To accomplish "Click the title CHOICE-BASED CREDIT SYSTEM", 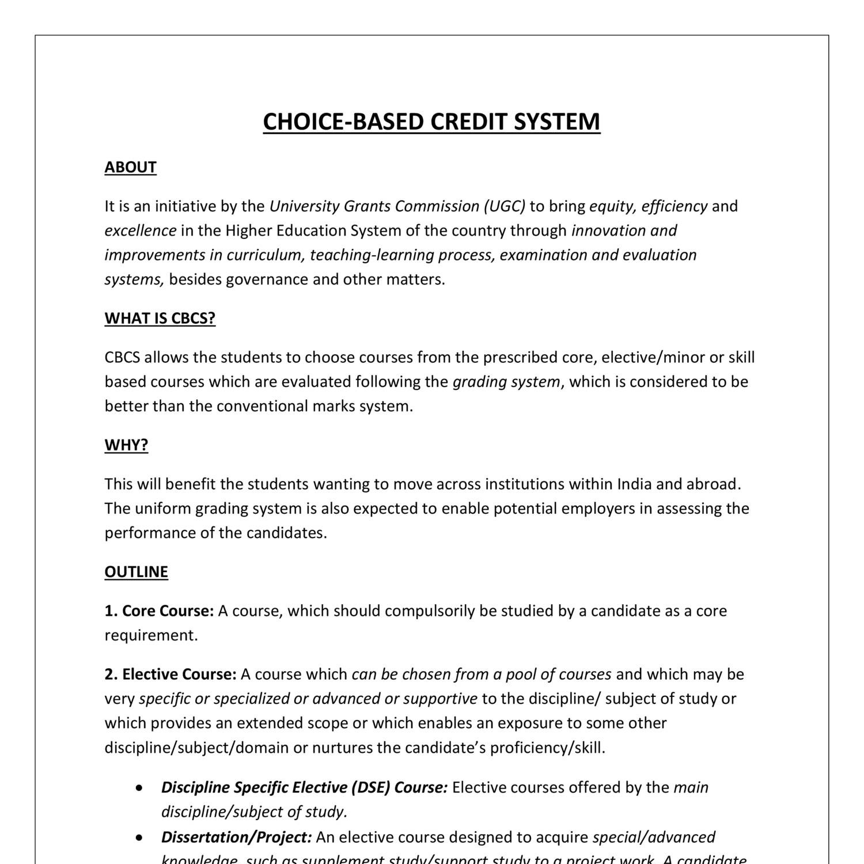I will tap(431, 122).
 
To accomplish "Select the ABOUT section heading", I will tap(130, 167).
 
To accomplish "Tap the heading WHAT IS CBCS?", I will tap(160, 319).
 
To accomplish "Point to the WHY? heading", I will tap(126, 445).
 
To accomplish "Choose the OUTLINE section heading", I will tap(136, 572).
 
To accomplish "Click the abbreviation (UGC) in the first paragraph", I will tap(505, 206).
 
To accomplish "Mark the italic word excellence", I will tap(140, 230).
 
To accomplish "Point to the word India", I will tap(634, 484).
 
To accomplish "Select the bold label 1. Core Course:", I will tap(159, 611).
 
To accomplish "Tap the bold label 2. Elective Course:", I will tap(170, 674).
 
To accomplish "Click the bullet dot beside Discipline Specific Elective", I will tap(139, 788).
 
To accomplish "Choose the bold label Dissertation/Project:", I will tap(236, 837).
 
